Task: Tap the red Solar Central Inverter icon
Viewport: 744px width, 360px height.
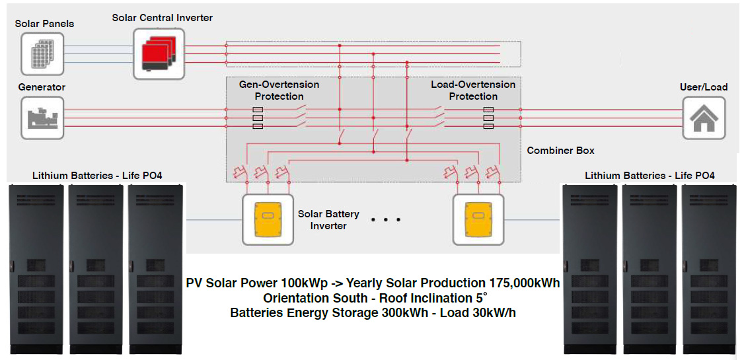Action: pos(158,52)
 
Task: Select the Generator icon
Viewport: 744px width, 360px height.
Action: pos(42,118)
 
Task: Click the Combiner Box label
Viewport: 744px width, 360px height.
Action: pos(560,151)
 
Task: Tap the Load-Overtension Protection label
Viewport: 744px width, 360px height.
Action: pos(473,90)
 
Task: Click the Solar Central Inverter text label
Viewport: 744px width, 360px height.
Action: pos(163,18)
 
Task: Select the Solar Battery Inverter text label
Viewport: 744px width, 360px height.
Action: pos(328,220)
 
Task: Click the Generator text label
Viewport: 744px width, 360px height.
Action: pos(42,87)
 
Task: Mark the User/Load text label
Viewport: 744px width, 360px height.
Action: pos(704,87)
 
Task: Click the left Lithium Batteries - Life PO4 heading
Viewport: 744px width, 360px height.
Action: pos(97,176)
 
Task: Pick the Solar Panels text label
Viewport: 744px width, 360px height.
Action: pos(45,24)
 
